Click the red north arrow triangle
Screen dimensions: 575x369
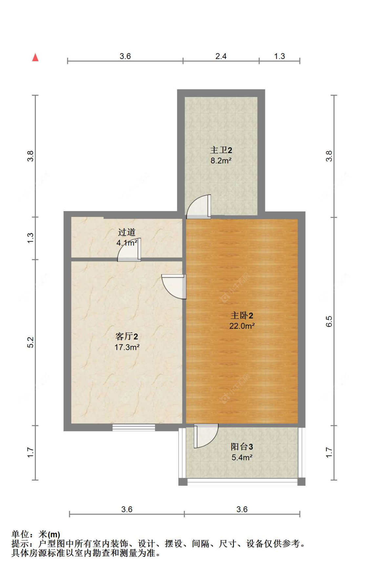pos(35,57)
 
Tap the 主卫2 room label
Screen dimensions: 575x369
pos(221,150)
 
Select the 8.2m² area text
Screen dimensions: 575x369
pos(221,161)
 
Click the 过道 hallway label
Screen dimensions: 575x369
pos(127,232)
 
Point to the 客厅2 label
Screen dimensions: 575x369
pos(127,336)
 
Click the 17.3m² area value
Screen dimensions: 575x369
pos(127,347)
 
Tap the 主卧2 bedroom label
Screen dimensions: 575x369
pos(242,315)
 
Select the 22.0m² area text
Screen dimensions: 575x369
pos(242,326)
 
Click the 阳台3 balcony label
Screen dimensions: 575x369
pos(242,446)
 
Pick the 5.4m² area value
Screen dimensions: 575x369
pos(242,457)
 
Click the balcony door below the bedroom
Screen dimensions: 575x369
pos(206,435)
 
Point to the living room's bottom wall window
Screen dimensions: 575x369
pos(133,427)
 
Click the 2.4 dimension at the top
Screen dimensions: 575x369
pos(221,56)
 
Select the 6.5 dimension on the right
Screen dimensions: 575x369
pos(329,321)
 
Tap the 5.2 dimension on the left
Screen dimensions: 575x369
pos(30,342)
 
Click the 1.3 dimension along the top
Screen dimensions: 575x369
pos(279,56)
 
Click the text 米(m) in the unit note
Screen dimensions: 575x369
pos(50,535)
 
